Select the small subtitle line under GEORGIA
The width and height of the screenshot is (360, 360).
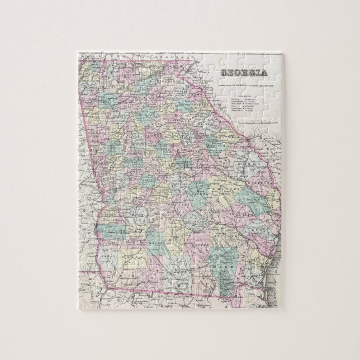click(244, 84)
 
